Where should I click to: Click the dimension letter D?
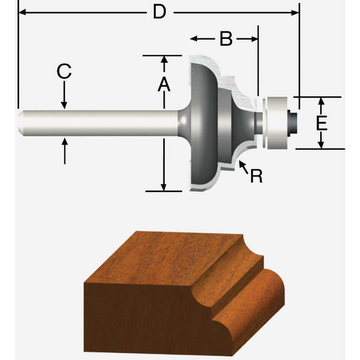point(158,12)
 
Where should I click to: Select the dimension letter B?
point(225,39)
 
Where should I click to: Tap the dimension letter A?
point(163,85)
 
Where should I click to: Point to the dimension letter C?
point(64,72)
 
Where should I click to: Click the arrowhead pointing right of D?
point(294,11)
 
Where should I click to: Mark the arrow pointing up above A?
point(163,60)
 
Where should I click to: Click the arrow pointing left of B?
point(195,39)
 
